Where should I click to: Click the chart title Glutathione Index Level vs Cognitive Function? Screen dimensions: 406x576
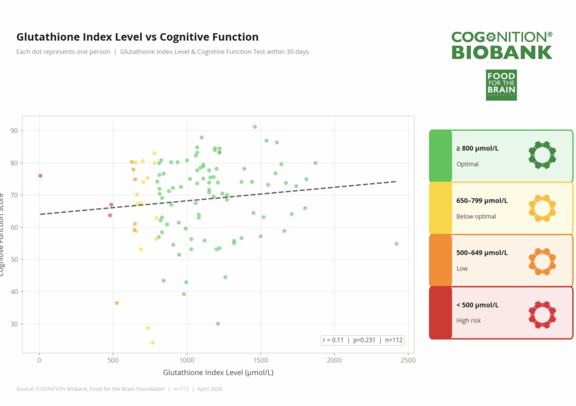pyautogui.click(x=137, y=37)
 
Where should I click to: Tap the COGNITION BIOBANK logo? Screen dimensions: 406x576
pyautogui.click(x=502, y=46)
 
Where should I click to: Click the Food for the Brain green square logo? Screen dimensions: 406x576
pyautogui.click(x=501, y=85)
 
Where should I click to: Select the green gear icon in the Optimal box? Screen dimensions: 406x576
pyautogui.click(x=542, y=155)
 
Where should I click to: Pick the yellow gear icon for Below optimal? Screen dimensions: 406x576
pyautogui.click(x=542, y=208)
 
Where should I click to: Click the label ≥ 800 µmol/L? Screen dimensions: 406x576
pyautogui.click(x=478, y=149)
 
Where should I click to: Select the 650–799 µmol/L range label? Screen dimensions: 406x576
pyautogui.click(x=482, y=201)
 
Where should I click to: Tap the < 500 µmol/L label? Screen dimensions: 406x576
pyautogui.click(x=478, y=305)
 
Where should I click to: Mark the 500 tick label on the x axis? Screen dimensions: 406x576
pyautogui.click(x=113, y=360)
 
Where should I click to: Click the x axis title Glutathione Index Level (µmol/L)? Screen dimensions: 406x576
pyautogui.click(x=218, y=373)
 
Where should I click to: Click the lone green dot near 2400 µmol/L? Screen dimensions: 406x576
pyautogui.click(x=397, y=244)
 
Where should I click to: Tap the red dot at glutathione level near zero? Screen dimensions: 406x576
pyautogui.click(x=40, y=176)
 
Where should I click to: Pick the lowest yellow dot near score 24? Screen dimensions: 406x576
pyautogui.click(x=152, y=342)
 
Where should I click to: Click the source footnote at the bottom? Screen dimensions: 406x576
pyautogui.click(x=119, y=389)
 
